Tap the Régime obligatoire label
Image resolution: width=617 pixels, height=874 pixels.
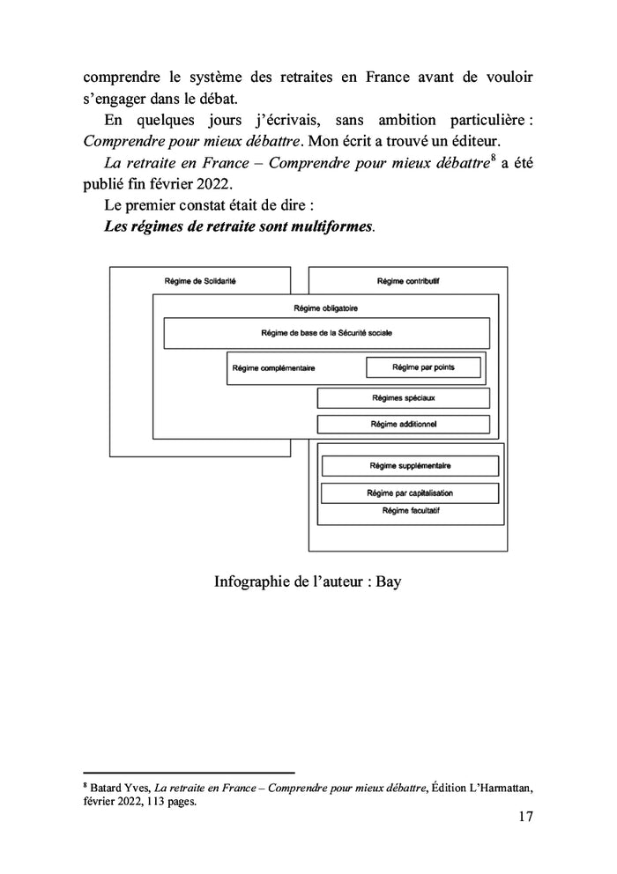point(324,307)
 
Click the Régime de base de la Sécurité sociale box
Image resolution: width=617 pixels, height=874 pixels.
point(326,333)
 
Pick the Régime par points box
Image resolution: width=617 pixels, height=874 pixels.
point(423,367)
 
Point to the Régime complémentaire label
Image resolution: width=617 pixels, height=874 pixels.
point(273,368)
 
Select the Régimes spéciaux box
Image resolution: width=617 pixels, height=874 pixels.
point(403,398)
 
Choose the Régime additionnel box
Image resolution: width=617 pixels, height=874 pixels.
point(403,424)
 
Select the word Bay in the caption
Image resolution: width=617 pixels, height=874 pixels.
point(389,582)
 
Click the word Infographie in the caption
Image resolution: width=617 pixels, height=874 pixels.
point(251,582)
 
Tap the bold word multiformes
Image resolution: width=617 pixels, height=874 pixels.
point(330,227)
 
